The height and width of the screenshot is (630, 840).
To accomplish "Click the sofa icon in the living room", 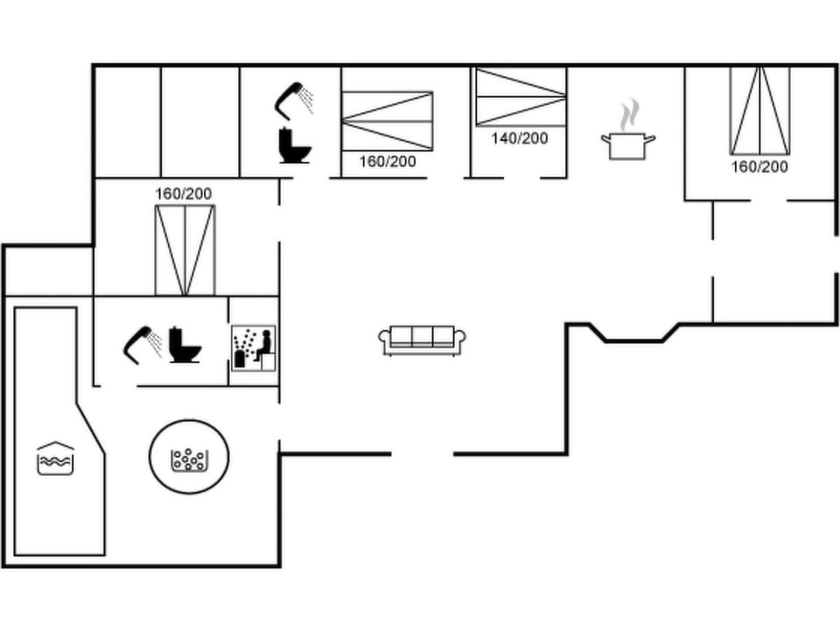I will pyautogui.click(x=422, y=339).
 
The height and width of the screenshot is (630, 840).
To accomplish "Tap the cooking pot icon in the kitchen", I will pyautogui.click(x=628, y=144).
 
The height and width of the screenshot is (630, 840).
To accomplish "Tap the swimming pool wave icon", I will pyautogui.click(x=55, y=458).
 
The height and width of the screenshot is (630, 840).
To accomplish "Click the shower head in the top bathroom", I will pyautogui.click(x=295, y=98).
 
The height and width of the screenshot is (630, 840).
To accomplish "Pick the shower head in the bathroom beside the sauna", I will pyautogui.click(x=142, y=343).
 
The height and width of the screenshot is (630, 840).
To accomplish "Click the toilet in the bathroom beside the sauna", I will pyautogui.click(x=184, y=345).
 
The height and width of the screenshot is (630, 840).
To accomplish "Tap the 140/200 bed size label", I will pyautogui.click(x=519, y=138).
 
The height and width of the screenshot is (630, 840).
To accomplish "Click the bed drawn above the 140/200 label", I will pyautogui.click(x=520, y=96).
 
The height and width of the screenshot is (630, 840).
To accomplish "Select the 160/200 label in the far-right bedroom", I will pyautogui.click(x=759, y=166).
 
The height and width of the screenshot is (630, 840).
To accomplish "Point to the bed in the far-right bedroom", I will pyautogui.click(x=759, y=110).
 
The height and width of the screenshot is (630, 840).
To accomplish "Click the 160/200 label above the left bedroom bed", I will pyautogui.click(x=184, y=193).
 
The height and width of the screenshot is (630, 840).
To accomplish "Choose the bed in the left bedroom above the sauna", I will pyautogui.click(x=185, y=250).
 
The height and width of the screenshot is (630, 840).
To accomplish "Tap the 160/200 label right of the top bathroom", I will pyautogui.click(x=388, y=161).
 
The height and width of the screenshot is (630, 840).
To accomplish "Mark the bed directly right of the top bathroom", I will pyautogui.click(x=388, y=121).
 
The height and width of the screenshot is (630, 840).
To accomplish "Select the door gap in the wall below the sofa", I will pyautogui.click(x=422, y=453).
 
